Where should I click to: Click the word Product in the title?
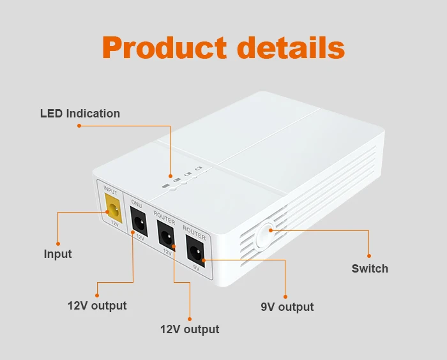164,49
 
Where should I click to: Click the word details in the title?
291,49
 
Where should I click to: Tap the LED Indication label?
80,114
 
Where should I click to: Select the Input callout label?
57,254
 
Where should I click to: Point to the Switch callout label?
370,269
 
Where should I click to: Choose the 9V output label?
287,307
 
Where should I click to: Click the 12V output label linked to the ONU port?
97,306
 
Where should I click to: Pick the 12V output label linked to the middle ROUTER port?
189,329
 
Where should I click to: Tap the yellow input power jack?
114,209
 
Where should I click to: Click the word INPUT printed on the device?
110,191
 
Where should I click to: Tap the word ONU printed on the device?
137,204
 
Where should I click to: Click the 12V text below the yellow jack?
115,223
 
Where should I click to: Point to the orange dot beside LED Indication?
79,126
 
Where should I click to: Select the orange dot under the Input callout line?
57,243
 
